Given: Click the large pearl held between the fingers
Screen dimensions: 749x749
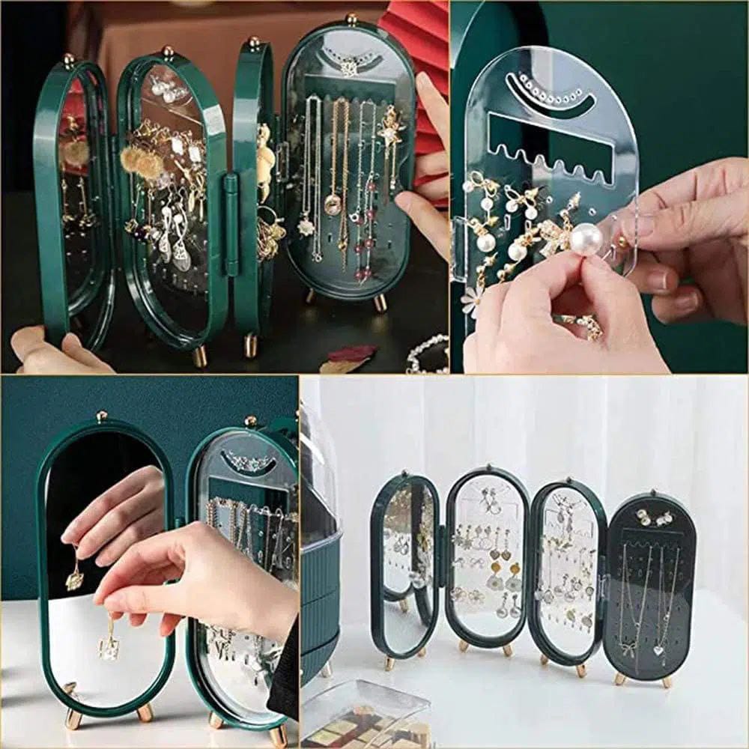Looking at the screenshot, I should point(586,240).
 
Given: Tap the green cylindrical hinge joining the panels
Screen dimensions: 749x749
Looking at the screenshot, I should point(230,225).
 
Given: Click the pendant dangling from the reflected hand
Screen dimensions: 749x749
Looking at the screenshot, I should point(74,577).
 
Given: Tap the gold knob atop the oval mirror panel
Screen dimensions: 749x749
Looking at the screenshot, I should point(101,416).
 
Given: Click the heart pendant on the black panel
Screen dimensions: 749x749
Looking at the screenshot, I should point(658,650).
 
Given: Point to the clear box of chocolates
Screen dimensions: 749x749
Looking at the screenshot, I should point(367,715).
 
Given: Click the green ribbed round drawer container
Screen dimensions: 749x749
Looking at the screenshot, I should point(321,599).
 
